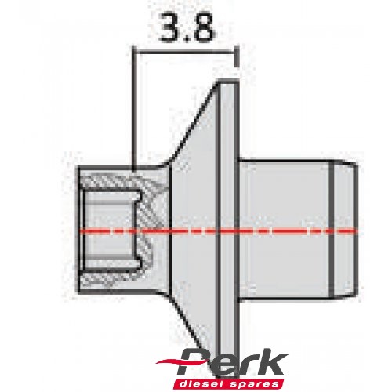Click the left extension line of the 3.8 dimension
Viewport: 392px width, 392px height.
click(x=135, y=110)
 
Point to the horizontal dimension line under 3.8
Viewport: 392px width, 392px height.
click(x=185, y=50)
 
